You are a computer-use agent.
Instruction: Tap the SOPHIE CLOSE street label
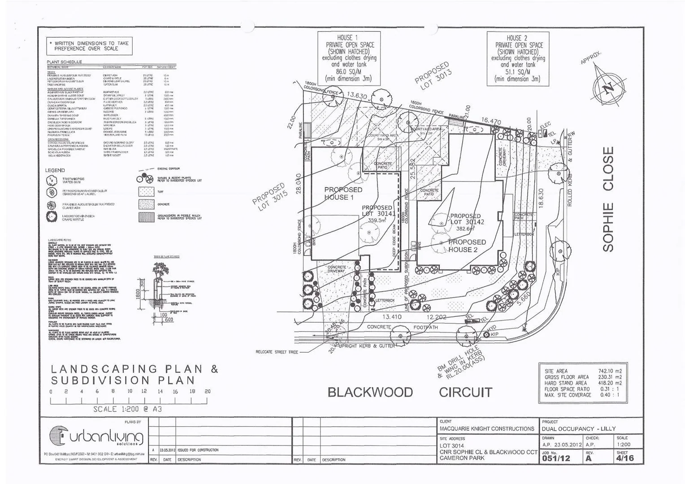608,199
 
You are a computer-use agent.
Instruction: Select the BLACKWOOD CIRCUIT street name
410,393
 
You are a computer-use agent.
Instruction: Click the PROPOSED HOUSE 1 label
343,194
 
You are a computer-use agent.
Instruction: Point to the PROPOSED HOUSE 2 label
467,246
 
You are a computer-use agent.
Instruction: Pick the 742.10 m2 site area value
610,371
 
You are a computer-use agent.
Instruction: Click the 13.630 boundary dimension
357,96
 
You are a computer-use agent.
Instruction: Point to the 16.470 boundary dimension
491,121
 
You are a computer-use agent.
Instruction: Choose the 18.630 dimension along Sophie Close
541,198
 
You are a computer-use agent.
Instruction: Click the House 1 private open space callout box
349,58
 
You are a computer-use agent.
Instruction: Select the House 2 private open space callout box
518,58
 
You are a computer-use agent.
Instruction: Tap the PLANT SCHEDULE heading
64,62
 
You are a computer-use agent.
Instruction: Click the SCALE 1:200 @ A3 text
127,409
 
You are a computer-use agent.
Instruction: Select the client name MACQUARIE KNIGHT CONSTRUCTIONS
487,429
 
